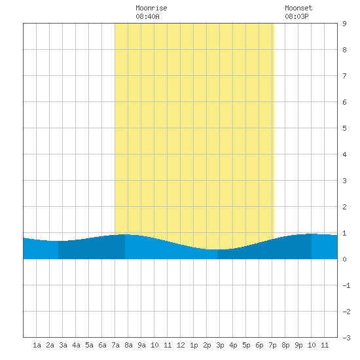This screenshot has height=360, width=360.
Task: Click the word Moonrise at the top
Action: click(151, 8)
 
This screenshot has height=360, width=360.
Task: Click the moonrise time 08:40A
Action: click(147, 16)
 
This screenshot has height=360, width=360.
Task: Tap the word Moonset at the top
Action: click(298, 8)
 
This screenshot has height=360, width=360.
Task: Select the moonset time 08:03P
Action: click(297, 16)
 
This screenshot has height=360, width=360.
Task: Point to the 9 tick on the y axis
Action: click(344, 24)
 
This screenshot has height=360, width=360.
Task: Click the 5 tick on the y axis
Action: click(344, 128)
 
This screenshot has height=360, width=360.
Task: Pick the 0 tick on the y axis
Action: click(344, 259)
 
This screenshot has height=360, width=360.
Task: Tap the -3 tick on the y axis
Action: click(346, 338)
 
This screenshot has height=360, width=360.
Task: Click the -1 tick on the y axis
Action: click(346, 285)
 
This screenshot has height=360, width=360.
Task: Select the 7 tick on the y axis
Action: click(344, 76)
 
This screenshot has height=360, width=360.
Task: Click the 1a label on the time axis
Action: click(37, 345)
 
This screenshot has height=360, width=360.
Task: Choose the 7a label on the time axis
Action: click(115, 345)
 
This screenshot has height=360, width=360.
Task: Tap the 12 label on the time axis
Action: click(181, 345)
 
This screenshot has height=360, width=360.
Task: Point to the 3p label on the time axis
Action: click(220, 345)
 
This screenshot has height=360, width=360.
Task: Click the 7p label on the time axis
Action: click(272, 345)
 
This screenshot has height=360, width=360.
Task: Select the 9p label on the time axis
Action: click(298, 345)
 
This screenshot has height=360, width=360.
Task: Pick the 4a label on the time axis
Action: click(76, 345)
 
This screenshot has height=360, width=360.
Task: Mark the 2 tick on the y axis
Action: click(344, 207)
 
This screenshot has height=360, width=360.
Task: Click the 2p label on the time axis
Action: click(207, 345)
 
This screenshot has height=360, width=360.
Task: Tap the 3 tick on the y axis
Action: click(344, 181)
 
